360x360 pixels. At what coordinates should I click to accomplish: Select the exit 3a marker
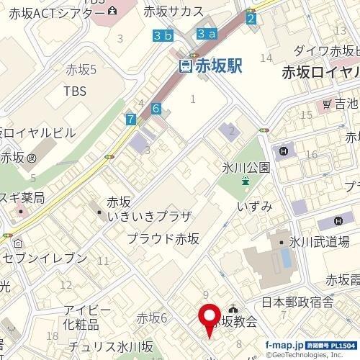[x=207, y=33]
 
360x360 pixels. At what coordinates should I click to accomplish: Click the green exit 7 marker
[x=130, y=119]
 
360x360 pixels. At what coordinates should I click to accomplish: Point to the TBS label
[x=74, y=91]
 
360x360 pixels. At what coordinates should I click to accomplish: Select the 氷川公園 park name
[x=246, y=167]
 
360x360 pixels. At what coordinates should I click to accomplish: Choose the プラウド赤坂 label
[x=163, y=238]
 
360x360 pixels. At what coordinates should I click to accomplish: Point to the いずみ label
[x=254, y=207]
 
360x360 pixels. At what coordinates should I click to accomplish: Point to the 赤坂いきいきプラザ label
[x=139, y=210]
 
